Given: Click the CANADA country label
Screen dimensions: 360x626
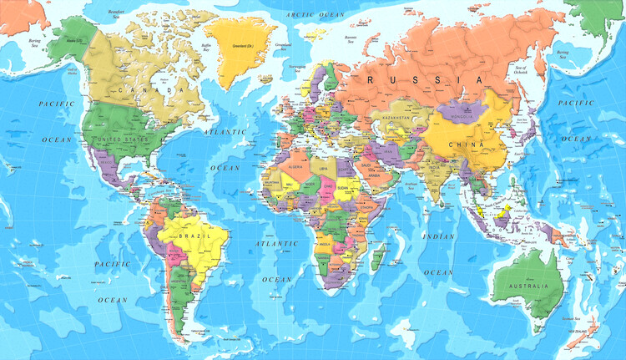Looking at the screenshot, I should click(151, 89).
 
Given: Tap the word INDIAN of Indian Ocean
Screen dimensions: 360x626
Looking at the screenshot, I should click(438, 236).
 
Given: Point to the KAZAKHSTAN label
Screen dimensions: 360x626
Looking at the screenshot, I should click(396, 119).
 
